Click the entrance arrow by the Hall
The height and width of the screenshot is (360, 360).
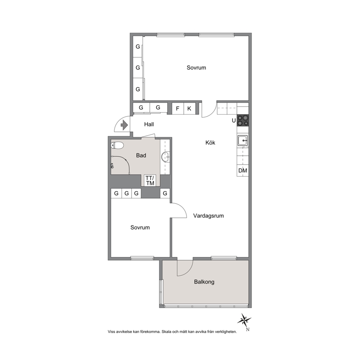[124, 125]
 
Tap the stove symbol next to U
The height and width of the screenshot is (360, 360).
[243, 120]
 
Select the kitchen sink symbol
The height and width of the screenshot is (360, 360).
[243, 140]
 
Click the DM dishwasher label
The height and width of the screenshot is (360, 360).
[243, 171]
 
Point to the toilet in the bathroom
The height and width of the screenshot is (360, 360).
[117, 145]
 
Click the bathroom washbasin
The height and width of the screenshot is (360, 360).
[166, 157]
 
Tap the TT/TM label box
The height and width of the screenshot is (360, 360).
[150, 180]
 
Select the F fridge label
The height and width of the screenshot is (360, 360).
[177, 109]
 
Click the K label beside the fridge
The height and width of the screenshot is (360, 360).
[189, 109]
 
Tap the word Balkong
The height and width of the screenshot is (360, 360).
[204, 282]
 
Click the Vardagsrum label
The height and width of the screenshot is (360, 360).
[208, 216]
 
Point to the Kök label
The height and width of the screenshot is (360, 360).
[210, 143]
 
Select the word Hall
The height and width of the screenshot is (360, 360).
[149, 124]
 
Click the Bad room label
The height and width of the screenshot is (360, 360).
[141, 155]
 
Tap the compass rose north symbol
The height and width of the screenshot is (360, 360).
[244, 320]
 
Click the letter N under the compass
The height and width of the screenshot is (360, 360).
[248, 330]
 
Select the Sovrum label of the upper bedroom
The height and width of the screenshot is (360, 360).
[196, 68]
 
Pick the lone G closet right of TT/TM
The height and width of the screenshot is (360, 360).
[165, 193]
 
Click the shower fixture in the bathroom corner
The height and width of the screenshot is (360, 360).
[112, 166]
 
